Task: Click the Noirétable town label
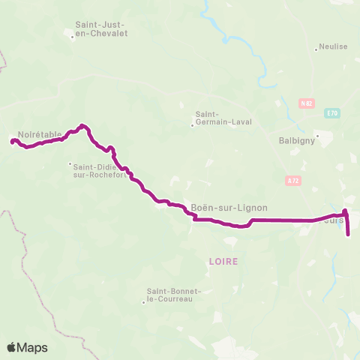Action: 39,134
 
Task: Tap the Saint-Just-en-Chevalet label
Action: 100,28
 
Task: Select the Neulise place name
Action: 334,46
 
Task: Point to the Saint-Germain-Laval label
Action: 223,118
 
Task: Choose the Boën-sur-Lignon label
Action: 229,208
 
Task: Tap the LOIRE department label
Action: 224,261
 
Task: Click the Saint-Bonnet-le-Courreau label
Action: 169,295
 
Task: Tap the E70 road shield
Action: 332,113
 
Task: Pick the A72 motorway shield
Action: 292,180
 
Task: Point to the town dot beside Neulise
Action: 316,50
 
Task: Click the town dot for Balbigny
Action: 317,136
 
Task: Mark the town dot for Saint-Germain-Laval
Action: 192,125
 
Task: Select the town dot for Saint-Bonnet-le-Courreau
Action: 142,302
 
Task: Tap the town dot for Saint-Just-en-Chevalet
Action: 72,36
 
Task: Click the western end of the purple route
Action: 12,140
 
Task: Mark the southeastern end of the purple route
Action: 349,235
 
